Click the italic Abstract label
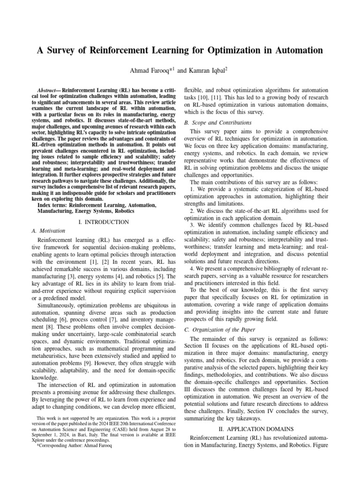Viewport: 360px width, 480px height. point(49,89)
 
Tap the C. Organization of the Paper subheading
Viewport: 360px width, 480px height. point(221,330)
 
